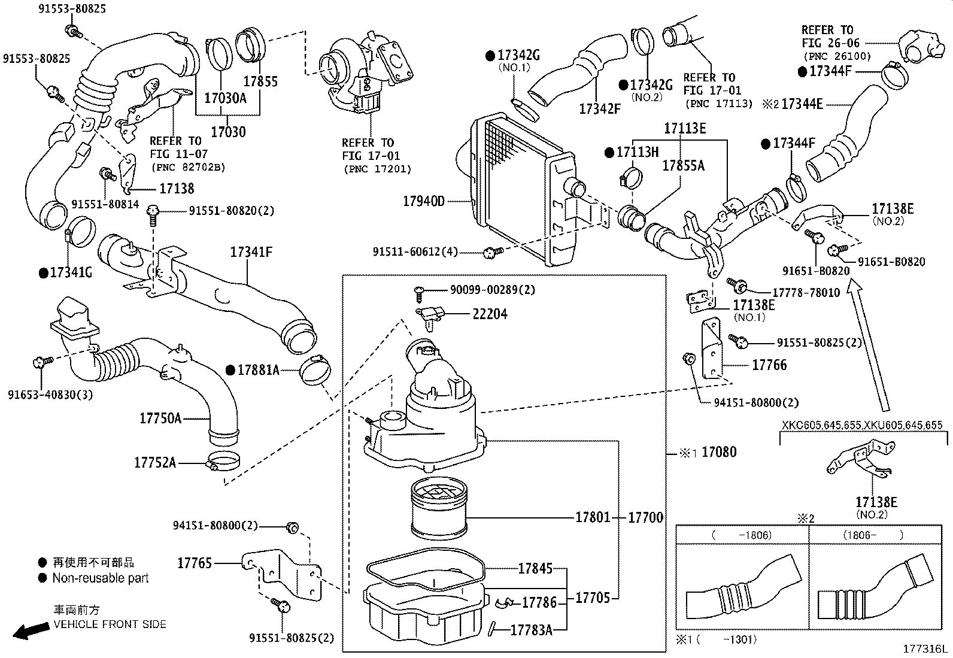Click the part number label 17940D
pos(424,201)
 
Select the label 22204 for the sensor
pos(490,314)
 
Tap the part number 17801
pos(593,517)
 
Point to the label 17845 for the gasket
pos(535,569)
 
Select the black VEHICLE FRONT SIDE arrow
pos(31,630)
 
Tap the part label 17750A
pos(160,419)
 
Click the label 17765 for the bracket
pos(195,563)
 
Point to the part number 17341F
pos(251,253)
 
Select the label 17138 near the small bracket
pos(177,189)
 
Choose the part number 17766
pos(769,365)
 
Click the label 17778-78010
pos(806,293)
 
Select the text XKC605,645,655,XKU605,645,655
pos(862,426)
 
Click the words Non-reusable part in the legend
pos(100,578)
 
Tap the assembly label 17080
pos(718,452)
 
